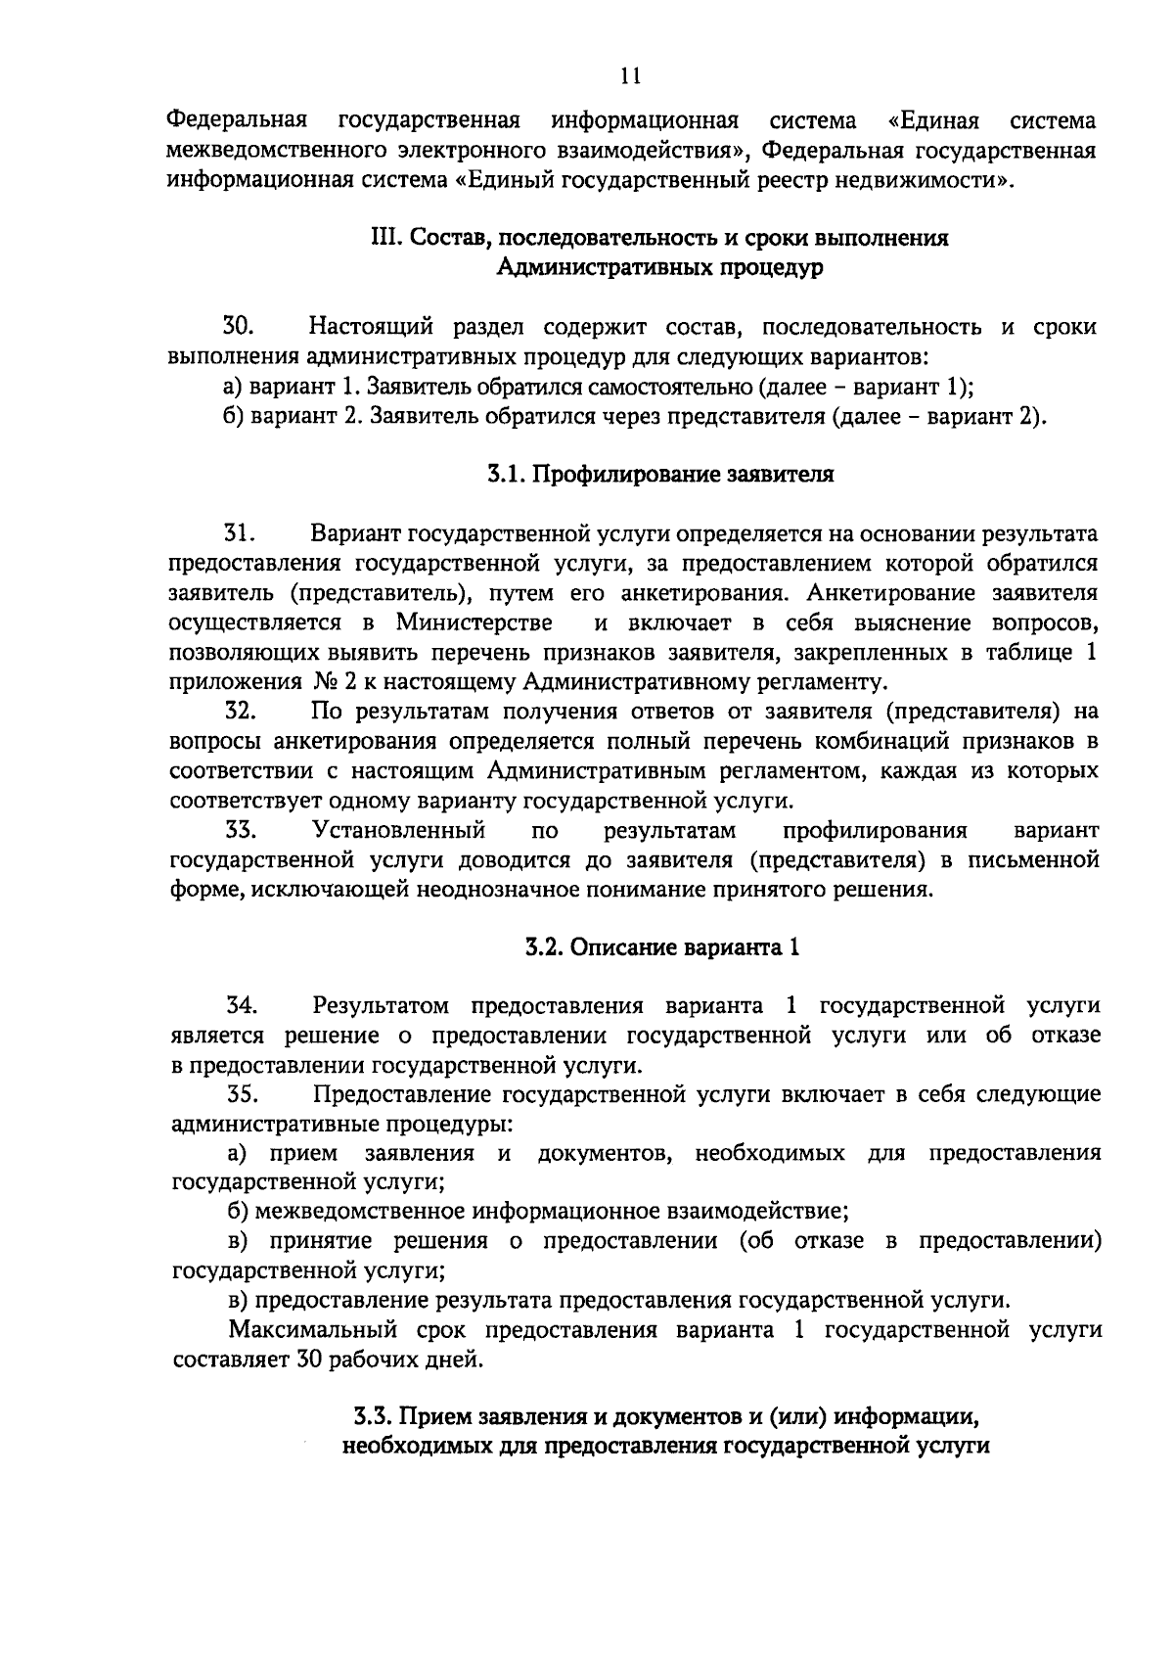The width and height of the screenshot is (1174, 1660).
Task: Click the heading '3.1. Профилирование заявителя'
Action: (660, 475)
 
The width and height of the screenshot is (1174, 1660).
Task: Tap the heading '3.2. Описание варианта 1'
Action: (661, 946)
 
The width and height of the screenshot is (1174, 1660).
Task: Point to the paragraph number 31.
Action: (240, 533)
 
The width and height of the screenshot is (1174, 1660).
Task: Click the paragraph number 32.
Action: (240, 711)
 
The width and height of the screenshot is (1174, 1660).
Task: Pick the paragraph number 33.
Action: (240, 830)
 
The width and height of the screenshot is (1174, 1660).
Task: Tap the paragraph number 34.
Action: (242, 1005)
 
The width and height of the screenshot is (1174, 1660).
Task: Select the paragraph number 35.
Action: (242, 1093)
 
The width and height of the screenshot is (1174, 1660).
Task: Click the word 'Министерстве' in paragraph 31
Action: (474, 622)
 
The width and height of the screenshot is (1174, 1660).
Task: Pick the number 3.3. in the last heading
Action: (373, 1416)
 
